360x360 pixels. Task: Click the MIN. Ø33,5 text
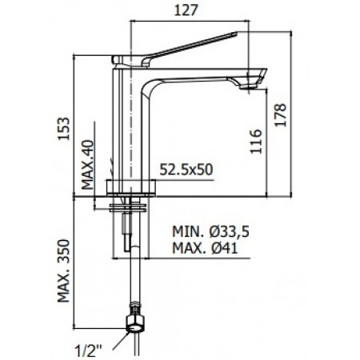211,231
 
